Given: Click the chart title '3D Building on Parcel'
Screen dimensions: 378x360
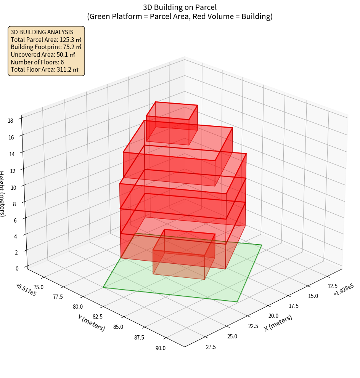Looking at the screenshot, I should click(180, 7).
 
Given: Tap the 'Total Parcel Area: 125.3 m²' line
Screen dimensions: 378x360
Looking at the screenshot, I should click(46, 39).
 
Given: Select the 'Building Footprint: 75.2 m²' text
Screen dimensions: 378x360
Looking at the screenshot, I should click(46, 47).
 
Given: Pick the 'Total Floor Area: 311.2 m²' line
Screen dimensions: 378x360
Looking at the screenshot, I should click(45, 70).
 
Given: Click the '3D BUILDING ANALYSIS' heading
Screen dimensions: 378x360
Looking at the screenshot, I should click(42, 32).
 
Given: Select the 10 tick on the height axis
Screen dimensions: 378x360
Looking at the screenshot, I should click(13, 187).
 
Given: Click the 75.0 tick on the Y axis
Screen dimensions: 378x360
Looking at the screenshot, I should click(39, 287).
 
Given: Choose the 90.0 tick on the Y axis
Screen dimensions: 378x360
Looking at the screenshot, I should click(160, 348).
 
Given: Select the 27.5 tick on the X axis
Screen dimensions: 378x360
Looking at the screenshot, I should click(211, 347).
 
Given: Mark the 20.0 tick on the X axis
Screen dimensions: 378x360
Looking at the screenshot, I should click(273, 316).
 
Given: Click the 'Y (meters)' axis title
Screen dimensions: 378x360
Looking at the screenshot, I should click(91, 322).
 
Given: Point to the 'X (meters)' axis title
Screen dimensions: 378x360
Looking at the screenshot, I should click(278, 323).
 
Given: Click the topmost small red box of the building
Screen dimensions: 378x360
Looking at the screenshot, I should click(172, 122).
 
